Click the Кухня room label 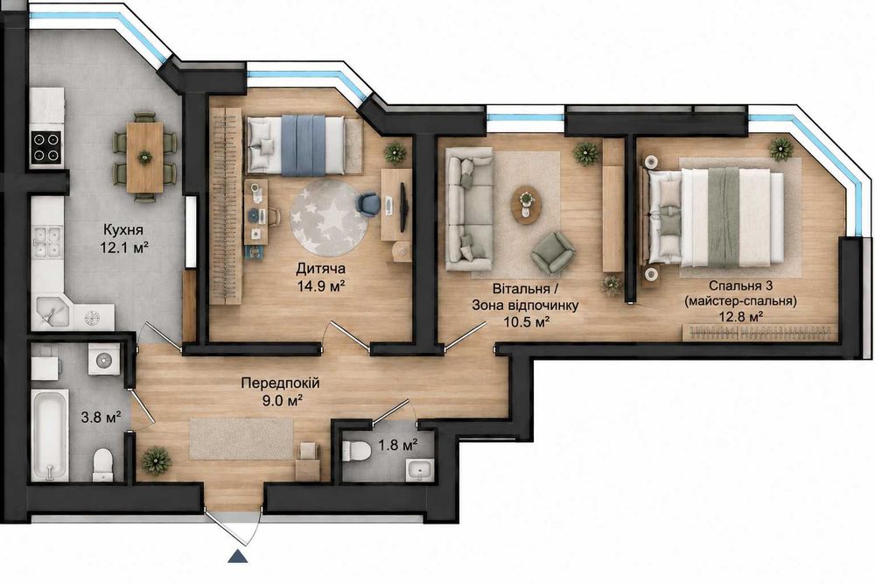pyautogui.click(x=122, y=229)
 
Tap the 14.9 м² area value pyautogui.click(x=319, y=285)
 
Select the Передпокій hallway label pyautogui.click(x=280, y=383)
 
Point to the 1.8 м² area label pyautogui.click(x=398, y=445)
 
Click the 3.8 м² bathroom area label pyautogui.click(x=101, y=417)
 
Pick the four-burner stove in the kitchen pyautogui.click(x=46, y=147)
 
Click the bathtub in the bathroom pyautogui.click(x=50, y=435)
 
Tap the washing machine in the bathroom pyautogui.click(x=104, y=360)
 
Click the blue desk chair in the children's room pyautogui.click(x=368, y=204)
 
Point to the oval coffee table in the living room pyautogui.click(x=526, y=204)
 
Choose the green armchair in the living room pyautogui.click(x=552, y=253)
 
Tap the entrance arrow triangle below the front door pyautogui.click(x=238, y=556)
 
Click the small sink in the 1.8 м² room pyautogui.click(x=419, y=469)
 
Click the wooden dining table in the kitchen pyautogui.click(x=145, y=158)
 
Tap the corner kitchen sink pyautogui.click(x=51, y=313)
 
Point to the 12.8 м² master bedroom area pyautogui.click(x=741, y=317)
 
